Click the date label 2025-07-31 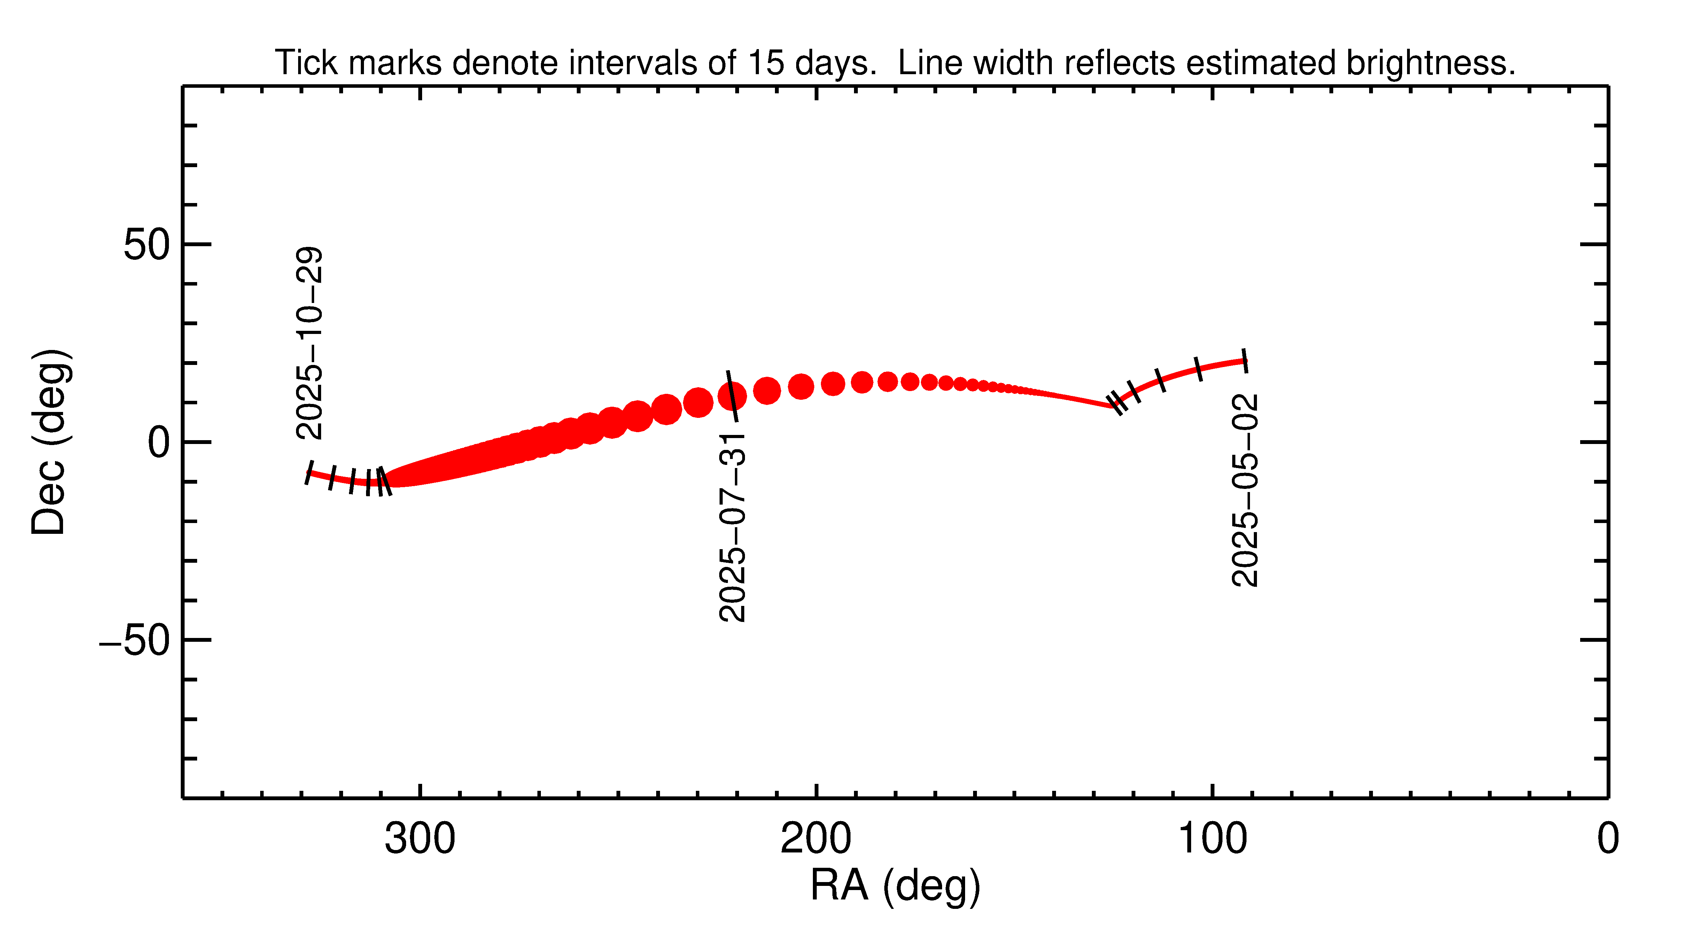pyautogui.click(x=732, y=527)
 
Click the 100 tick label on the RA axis pyautogui.click(x=1212, y=839)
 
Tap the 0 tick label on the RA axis pyautogui.click(x=1608, y=839)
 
